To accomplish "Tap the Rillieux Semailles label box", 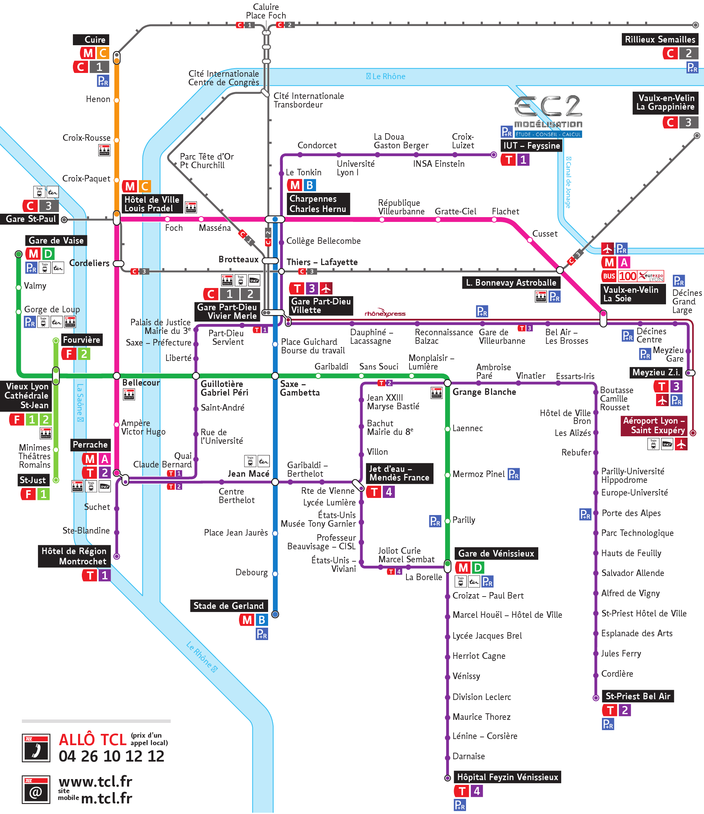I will click(x=659, y=39).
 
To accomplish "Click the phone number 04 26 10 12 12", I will click(x=111, y=756).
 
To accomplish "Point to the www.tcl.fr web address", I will click(x=96, y=781).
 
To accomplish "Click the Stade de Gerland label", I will click(x=228, y=605).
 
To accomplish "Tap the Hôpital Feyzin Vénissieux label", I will click(x=507, y=777).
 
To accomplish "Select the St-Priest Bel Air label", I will click(x=637, y=696).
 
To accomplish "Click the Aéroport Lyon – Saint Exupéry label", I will click(x=654, y=425).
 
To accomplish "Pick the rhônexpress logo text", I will click(x=385, y=313).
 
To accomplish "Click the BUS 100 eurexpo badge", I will click(x=632, y=276).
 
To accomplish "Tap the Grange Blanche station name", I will click(x=484, y=392).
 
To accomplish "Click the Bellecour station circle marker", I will click(x=117, y=376).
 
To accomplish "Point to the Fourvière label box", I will click(x=82, y=340).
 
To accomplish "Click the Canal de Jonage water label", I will click(x=568, y=182).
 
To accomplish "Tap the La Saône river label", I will click(x=80, y=402).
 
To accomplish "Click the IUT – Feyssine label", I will click(x=531, y=146).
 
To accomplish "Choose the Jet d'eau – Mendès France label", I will click(x=399, y=473).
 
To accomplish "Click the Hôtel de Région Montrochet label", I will click(x=74, y=556).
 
